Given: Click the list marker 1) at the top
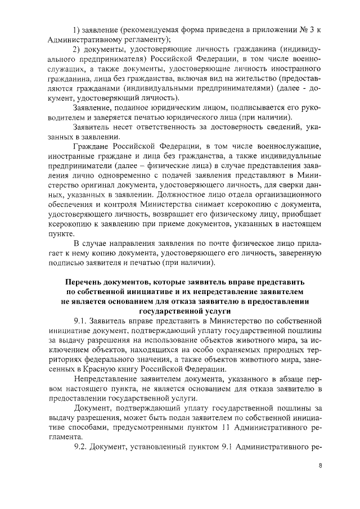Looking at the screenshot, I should click(x=79, y=28).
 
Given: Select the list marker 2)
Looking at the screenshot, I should click(x=79, y=52).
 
